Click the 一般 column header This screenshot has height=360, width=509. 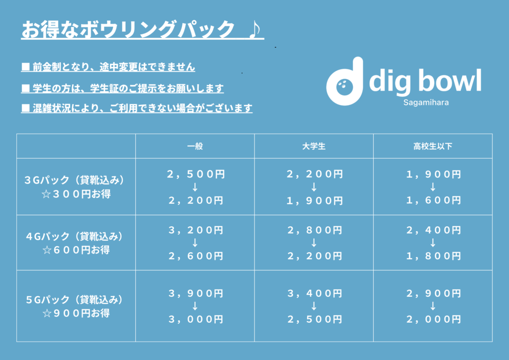point(195,146)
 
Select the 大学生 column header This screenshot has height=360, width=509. point(314,146)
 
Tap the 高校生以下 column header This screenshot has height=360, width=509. point(433,146)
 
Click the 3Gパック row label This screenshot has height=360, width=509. point(75,180)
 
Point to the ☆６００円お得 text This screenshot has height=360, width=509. point(76,250)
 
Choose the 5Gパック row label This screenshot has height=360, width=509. point(75,300)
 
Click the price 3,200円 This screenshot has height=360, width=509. point(196,231)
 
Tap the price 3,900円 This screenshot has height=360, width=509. point(196,294)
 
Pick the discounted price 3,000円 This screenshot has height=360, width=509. point(196,320)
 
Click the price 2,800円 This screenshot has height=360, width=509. point(315,231)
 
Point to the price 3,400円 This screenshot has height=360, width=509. point(315,294)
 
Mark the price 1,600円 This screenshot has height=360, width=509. point(433,200)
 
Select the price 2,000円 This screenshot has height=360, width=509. point(433,320)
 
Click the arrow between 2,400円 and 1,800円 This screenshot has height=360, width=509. point(433,243)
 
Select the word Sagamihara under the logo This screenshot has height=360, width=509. point(426,102)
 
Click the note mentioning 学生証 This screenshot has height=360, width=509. point(122,89)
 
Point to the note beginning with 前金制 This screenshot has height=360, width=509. point(108,67)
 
